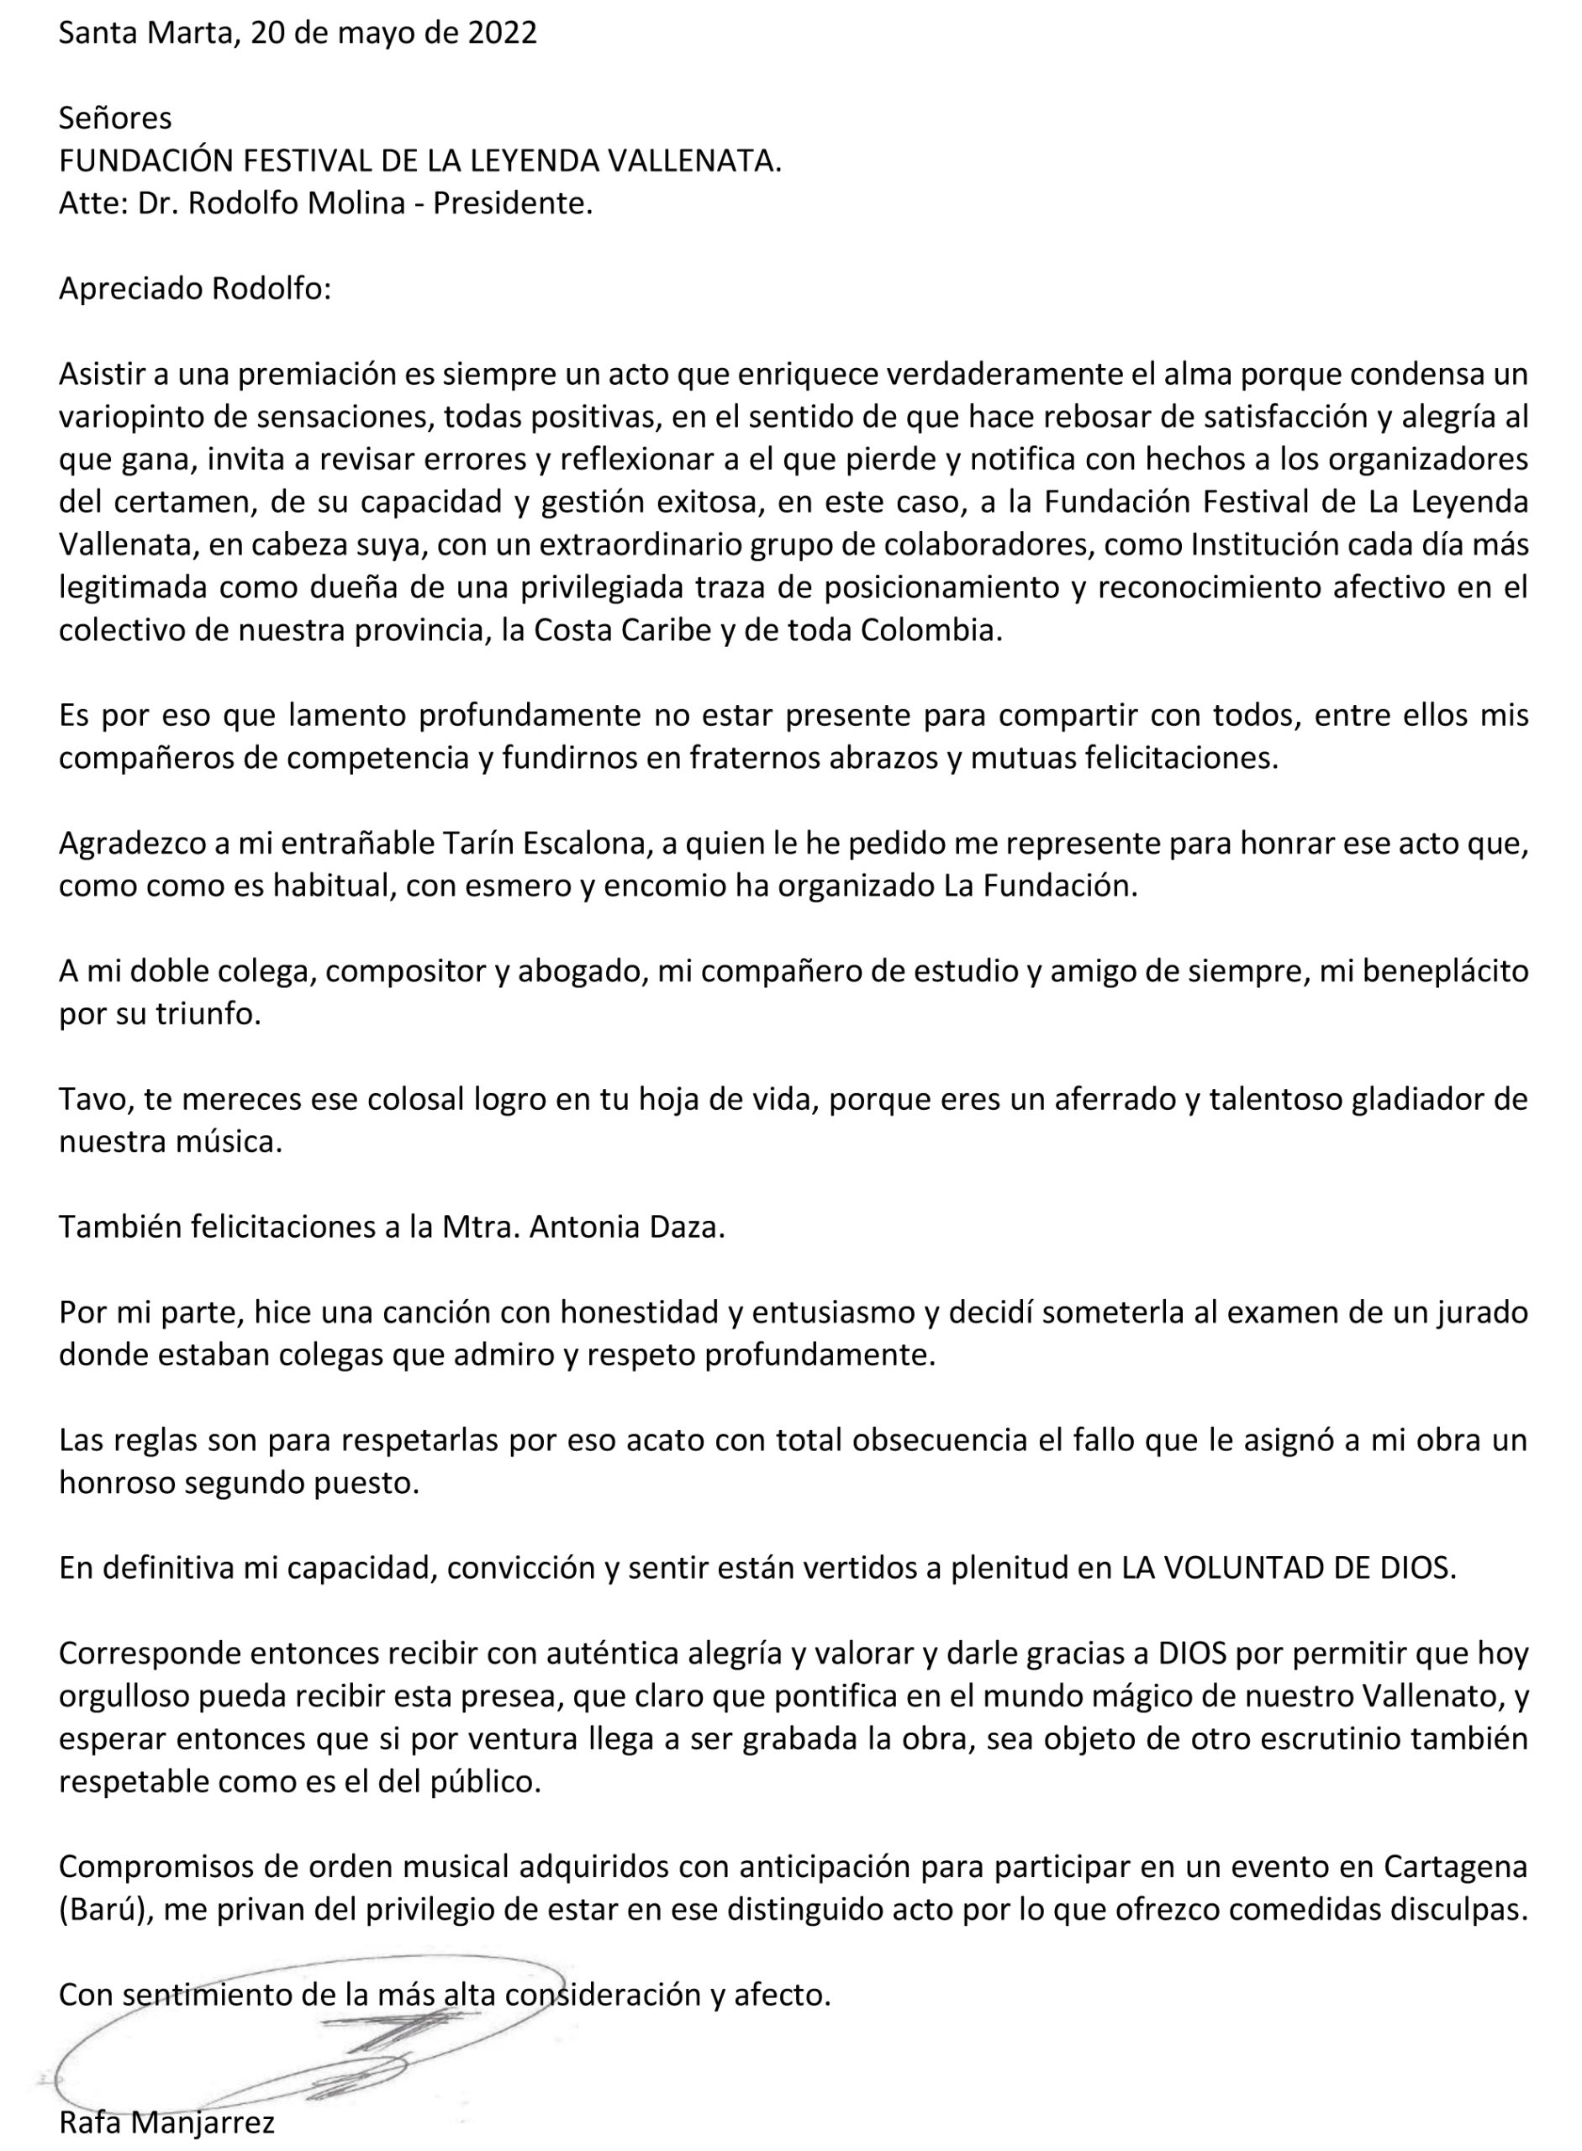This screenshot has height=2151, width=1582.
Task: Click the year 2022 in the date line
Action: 502,34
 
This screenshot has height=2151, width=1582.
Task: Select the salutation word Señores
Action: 115,118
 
